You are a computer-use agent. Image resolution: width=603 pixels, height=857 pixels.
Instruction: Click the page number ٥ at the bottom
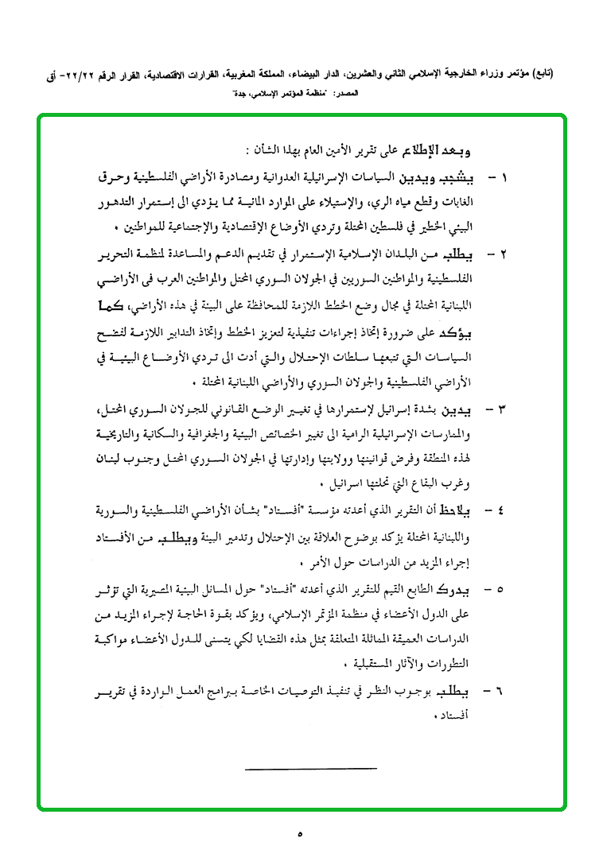(301, 834)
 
